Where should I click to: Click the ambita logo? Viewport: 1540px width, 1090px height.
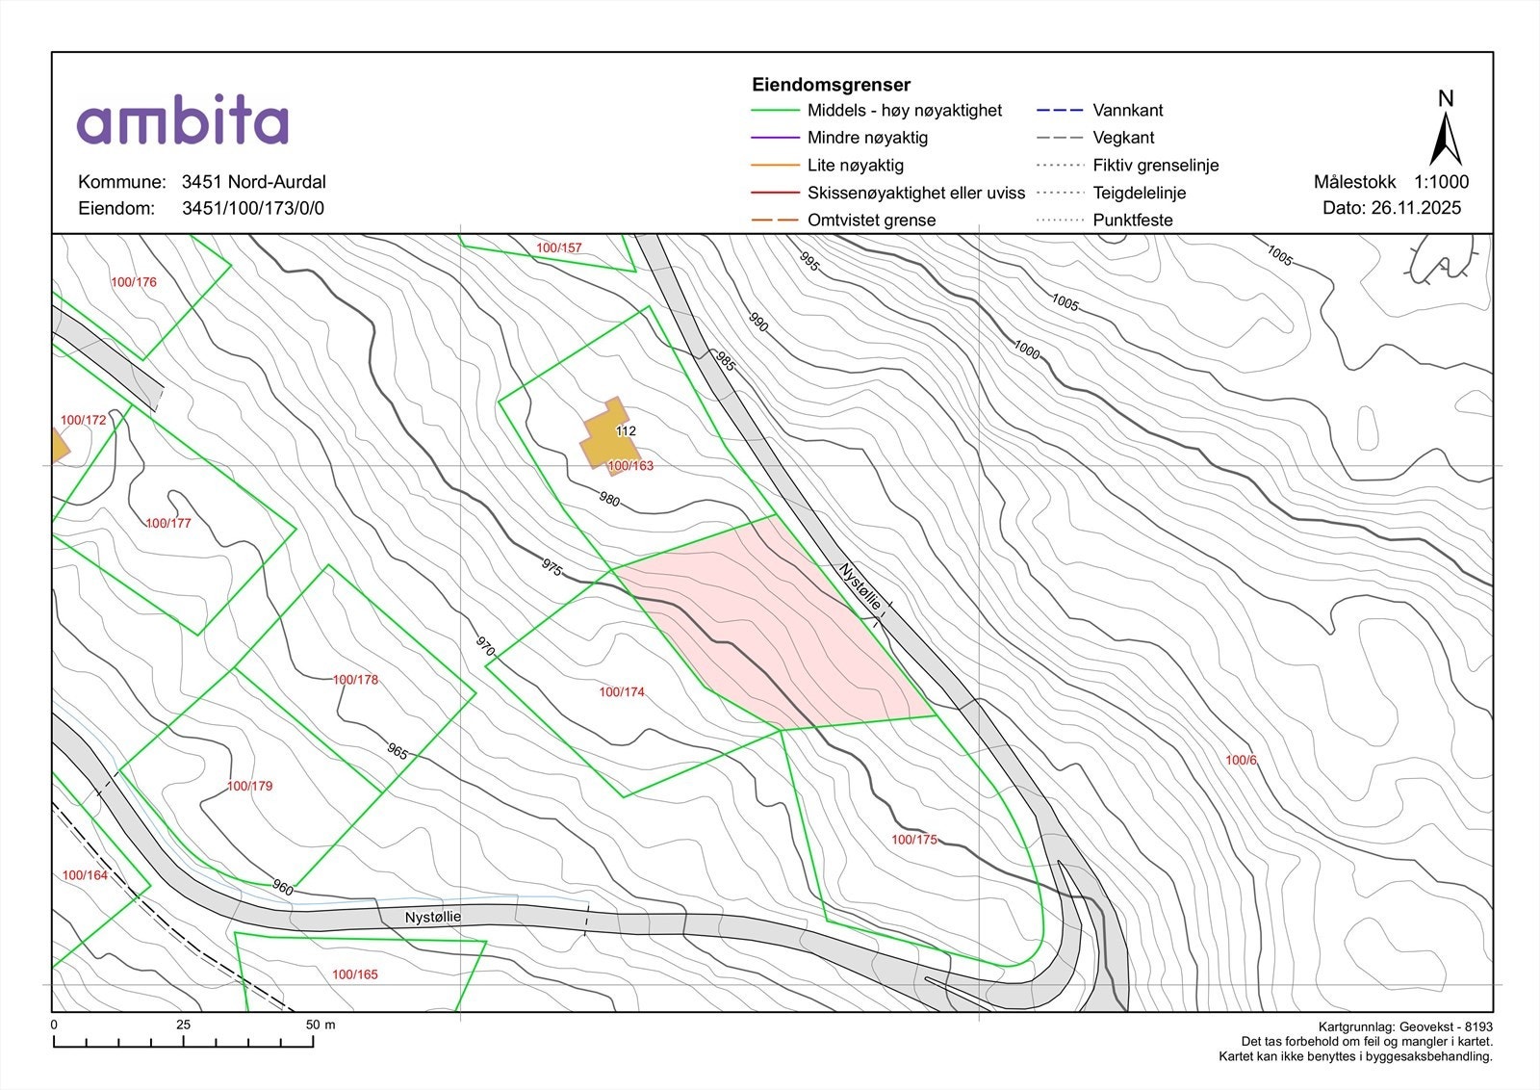tap(183, 121)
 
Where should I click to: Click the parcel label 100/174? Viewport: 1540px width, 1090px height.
tap(622, 692)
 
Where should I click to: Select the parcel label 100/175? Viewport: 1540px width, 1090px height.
tap(913, 840)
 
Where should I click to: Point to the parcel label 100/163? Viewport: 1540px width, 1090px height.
tap(630, 466)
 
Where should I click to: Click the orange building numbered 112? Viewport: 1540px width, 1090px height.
tap(605, 433)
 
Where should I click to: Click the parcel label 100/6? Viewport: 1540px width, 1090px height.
tap(1241, 761)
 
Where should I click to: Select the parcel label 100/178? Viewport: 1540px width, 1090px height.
tap(355, 680)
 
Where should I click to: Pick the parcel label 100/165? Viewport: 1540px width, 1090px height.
tap(355, 974)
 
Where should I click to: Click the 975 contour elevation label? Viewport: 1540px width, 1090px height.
tap(552, 567)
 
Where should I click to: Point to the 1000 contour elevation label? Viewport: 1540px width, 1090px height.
tap(1027, 351)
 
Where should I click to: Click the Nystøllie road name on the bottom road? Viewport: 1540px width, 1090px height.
tap(432, 917)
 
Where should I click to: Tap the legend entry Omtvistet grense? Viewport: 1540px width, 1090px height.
tap(871, 220)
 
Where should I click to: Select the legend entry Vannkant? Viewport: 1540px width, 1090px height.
tap(1128, 111)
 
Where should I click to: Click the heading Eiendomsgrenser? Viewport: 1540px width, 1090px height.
tap(831, 85)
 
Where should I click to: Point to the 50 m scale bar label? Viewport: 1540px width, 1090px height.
tap(320, 1025)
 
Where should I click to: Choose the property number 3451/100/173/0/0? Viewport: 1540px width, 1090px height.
tap(253, 208)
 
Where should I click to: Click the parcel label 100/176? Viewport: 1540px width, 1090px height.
tap(133, 282)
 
